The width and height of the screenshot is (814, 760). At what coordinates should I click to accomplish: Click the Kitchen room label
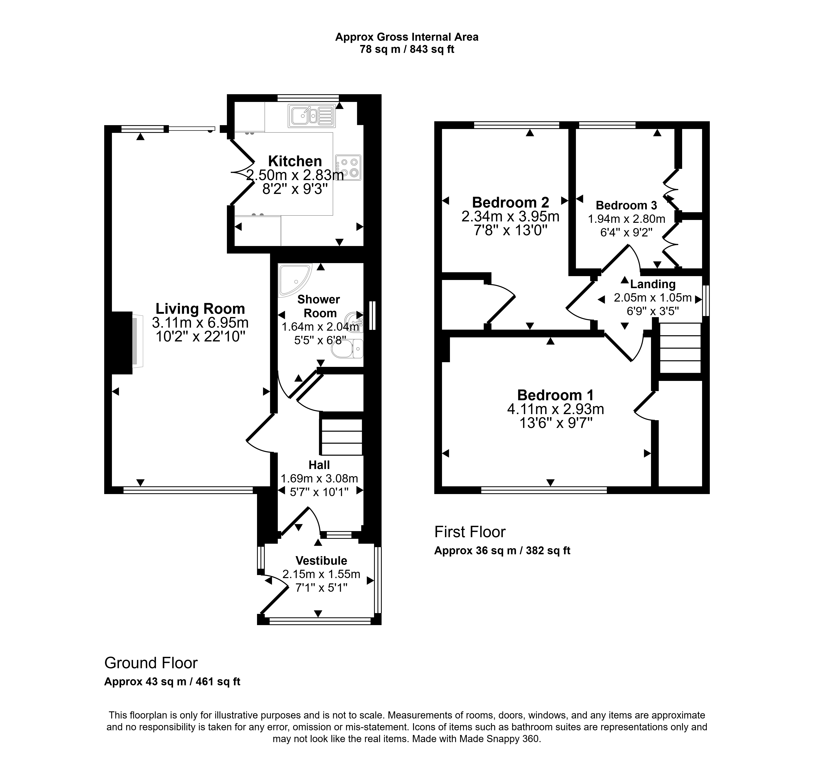295,161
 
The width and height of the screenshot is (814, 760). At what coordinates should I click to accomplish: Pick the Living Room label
200,308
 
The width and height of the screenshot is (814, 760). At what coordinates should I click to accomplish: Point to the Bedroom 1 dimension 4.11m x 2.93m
556,409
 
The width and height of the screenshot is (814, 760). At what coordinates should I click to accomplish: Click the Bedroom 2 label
511,202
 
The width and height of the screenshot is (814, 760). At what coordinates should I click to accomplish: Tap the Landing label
653,284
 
